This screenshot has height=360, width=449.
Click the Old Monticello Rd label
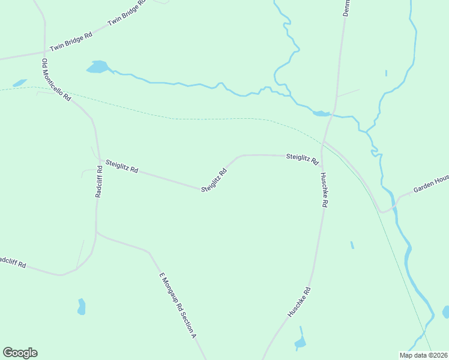56,80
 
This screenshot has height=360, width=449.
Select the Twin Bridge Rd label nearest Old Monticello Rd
71,42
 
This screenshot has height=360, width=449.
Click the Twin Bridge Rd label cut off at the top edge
127,13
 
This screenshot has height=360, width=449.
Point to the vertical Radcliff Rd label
100,181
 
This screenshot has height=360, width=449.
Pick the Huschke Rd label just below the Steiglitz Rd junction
323,190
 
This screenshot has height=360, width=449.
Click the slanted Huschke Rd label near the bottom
299,302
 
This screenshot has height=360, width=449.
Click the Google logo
20,353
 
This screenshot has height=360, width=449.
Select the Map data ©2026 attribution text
423,355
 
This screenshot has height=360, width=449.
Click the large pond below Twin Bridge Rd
97,67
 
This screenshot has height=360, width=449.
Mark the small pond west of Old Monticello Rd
20,83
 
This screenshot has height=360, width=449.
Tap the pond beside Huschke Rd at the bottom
300,343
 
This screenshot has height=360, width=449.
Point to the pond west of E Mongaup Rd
81,307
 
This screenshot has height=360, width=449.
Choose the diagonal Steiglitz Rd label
214,180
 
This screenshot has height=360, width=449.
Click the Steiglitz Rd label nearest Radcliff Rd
122,166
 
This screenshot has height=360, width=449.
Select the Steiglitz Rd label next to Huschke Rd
302,158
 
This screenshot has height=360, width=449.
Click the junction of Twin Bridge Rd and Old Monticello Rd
44,52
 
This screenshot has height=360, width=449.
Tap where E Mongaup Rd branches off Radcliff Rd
96,233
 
